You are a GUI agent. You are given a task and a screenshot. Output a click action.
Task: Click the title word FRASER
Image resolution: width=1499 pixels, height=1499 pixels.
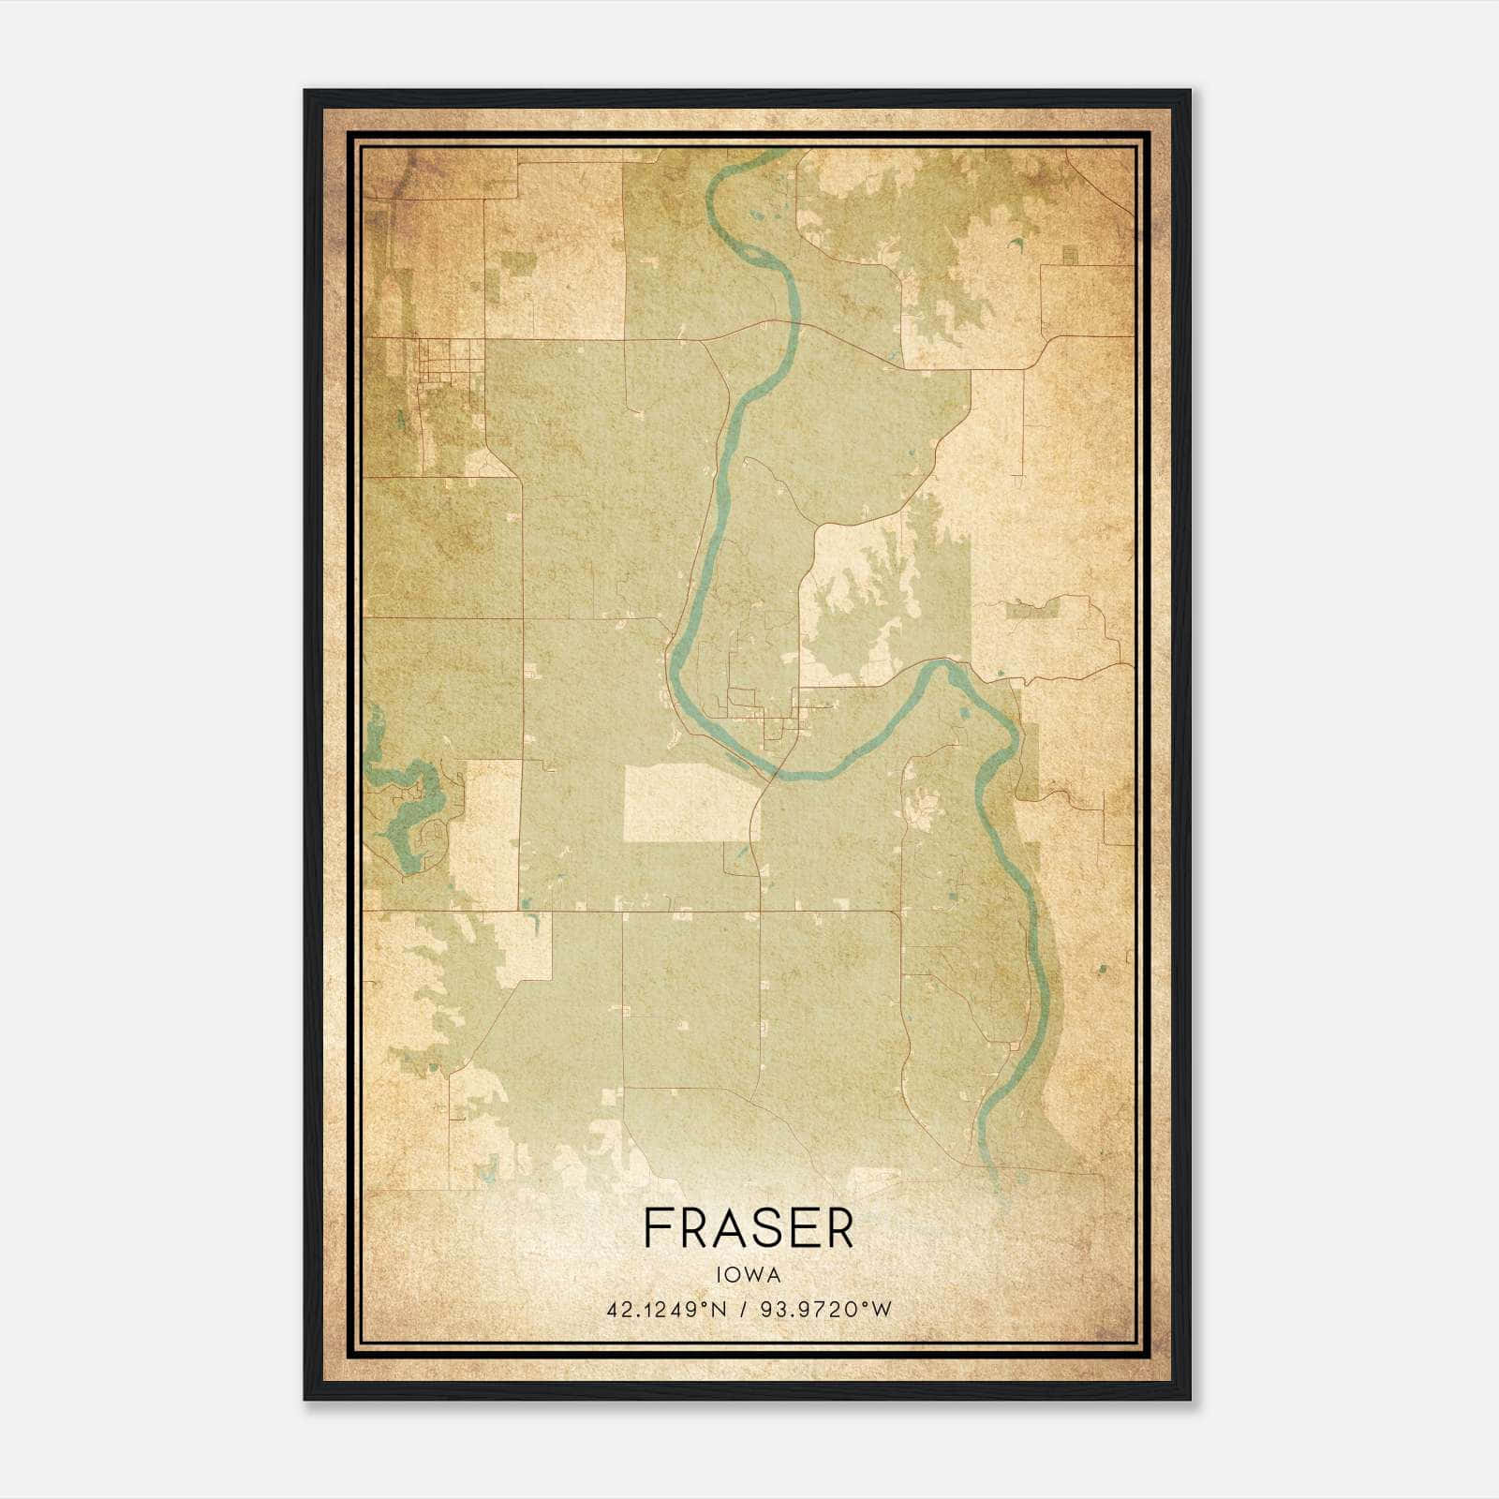749,1228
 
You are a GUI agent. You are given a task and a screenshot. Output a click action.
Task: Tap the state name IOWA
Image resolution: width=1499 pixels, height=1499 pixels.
749,1275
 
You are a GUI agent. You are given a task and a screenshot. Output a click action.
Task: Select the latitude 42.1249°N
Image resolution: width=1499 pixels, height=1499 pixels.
666,1310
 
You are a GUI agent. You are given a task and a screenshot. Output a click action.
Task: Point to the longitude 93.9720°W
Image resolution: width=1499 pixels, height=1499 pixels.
824,1310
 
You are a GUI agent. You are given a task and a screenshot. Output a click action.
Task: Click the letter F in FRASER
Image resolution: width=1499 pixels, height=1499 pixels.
657,1228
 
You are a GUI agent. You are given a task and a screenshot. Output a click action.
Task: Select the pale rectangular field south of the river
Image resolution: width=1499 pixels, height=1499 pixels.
690,802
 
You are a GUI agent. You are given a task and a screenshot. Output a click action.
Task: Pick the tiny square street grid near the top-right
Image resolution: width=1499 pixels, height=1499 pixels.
1069,255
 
